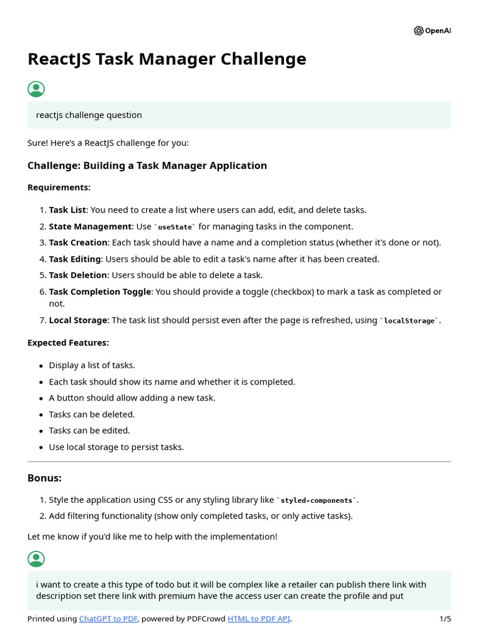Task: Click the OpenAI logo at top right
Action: (x=432, y=31)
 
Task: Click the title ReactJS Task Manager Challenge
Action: (x=167, y=59)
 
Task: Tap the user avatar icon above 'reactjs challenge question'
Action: (x=36, y=89)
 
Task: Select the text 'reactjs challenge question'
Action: (x=89, y=115)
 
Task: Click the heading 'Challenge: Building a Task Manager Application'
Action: (x=147, y=166)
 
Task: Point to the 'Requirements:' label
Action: (x=59, y=188)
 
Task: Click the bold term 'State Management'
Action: (x=90, y=227)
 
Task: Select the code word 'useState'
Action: (x=175, y=227)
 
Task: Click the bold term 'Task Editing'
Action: (x=75, y=259)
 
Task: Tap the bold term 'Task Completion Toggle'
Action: (x=100, y=292)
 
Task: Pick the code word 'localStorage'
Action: (x=410, y=321)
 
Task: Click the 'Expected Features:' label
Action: (x=68, y=343)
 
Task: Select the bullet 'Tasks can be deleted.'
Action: (x=92, y=414)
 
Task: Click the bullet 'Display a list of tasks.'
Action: (x=92, y=366)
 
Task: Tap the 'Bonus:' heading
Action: (x=44, y=478)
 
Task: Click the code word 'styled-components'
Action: (x=317, y=500)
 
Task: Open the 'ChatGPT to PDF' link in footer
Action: (x=109, y=619)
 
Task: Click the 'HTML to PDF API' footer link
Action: (x=259, y=619)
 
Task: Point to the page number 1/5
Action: (x=445, y=619)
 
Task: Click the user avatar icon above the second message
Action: (x=36, y=559)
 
